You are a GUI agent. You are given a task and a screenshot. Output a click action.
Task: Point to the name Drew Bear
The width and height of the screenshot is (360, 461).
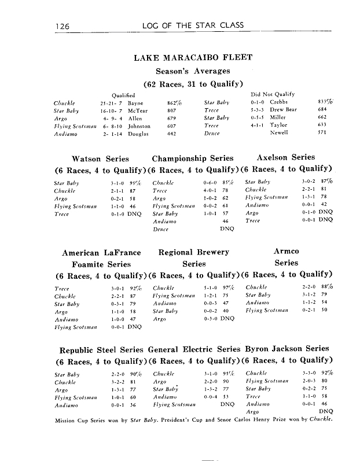tap(284, 109)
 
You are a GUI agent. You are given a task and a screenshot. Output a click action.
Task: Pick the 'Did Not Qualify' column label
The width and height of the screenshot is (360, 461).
tap(273, 94)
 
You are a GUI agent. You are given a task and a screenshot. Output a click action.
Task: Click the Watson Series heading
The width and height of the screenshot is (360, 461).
tap(100, 158)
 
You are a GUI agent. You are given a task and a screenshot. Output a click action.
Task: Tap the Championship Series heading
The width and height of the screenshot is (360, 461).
tap(193, 158)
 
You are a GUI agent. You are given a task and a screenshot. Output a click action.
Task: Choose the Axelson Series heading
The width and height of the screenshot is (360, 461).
tap(286, 157)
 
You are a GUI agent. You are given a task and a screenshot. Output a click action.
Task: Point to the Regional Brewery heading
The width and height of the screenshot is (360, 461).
tap(193, 252)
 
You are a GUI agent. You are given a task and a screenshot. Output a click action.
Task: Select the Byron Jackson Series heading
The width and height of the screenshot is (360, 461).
tap(288, 349)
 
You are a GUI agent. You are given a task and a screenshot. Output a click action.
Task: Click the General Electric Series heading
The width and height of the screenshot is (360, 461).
tap(194, 349)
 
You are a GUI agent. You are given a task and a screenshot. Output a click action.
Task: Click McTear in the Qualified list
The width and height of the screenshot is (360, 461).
tap(137, 109)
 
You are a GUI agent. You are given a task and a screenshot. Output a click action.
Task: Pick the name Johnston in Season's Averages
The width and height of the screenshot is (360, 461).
tap(139, 126)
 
